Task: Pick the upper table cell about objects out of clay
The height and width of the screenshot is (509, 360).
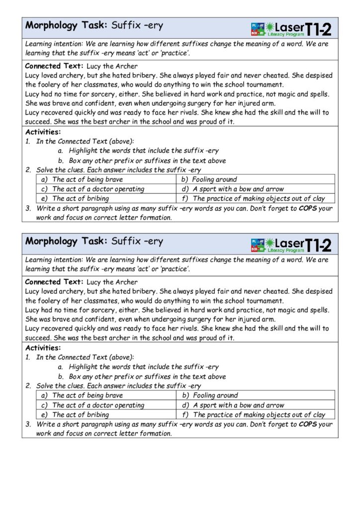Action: [258, 198]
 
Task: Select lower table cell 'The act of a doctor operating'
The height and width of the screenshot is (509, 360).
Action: [97, 405]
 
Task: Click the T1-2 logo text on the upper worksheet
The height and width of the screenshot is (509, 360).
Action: [318, 29]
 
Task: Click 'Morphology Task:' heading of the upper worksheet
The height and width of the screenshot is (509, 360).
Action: [66, 25]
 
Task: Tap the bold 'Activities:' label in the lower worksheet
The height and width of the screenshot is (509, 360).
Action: [43, 348]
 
